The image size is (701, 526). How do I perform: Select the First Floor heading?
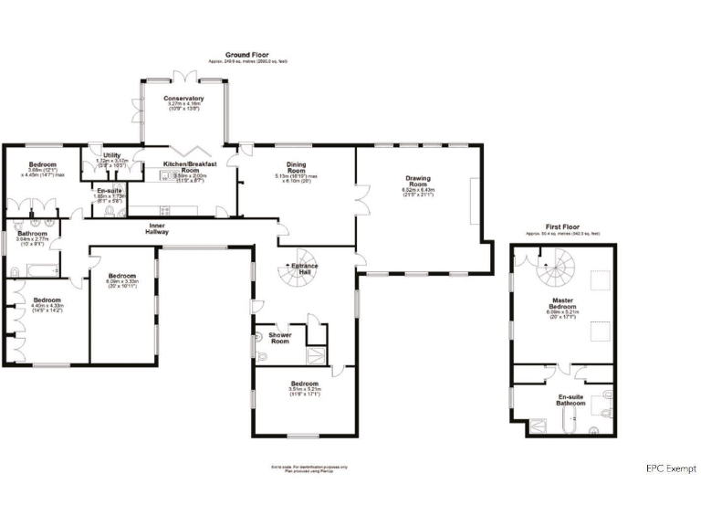point(562,226)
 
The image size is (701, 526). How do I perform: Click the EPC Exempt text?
point(670,468)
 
